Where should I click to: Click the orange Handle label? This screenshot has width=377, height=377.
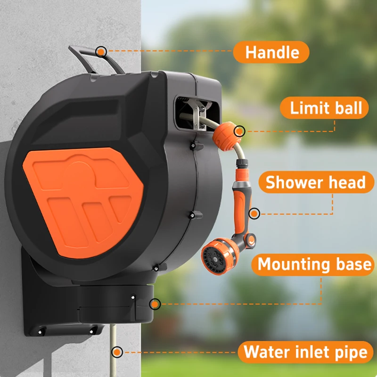271,52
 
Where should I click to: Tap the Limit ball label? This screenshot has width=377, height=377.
324,108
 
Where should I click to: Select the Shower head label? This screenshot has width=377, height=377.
316,182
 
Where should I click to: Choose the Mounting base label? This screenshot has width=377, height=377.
313,264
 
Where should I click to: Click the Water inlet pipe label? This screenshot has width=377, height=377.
305,352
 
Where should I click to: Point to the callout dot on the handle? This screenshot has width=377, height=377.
101,51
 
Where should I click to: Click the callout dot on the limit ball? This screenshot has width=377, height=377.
239,131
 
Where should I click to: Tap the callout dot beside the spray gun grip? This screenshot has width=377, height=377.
254,213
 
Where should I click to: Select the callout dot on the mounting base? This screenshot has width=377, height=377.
155,304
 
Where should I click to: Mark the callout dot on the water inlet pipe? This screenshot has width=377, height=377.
117,352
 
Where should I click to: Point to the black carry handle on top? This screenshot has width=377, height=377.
96,59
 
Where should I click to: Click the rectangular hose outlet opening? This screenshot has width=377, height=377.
197,113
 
